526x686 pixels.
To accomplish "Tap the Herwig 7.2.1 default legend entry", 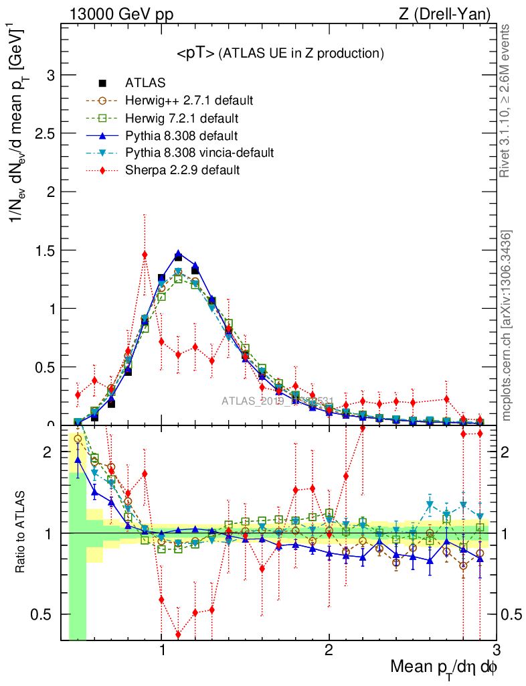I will pyautogui.click(x=181, y=119).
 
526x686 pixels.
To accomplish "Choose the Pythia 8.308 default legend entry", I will pyautogui.click(x=181, y=136).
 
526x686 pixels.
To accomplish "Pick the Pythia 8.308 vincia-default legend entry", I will pyautogui.click(x=199, y=153).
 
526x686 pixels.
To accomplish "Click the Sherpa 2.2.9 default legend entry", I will pyautogui.click(x=182, y=170).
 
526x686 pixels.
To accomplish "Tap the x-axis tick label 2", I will pyautogui.click(x=329, y=651).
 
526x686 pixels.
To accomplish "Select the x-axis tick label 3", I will pyautogui.click(x=496, y=651).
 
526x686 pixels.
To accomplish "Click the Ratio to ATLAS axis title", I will pyautogui.click(x=20, y=533).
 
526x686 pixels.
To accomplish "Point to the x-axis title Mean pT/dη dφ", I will pyautogui.click(x=444, y=668).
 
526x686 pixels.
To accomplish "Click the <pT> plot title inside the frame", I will pyautogui.click(x=280, y=54).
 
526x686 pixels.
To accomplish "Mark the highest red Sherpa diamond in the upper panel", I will pyautogui.click(x=145, y=255).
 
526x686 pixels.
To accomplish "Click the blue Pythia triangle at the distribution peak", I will pyautogui.click(x=178, y=255).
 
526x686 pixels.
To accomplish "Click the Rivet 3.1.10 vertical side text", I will pyautogui.click(x=507, y=100).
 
